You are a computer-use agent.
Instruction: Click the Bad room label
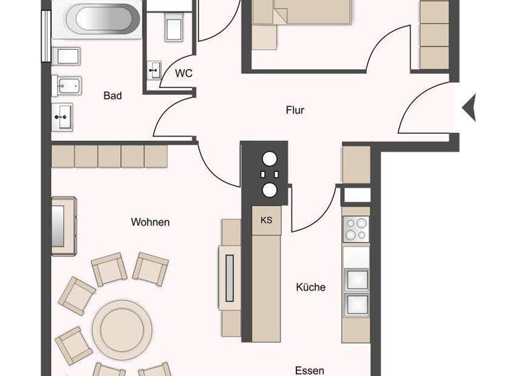point(113,96)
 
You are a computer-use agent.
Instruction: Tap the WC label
point(183,74)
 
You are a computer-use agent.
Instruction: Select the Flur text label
point(294,110)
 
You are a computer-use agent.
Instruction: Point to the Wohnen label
point(150,222)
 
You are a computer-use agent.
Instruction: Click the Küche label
point(310,287)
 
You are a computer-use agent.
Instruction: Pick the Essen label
point(310,370)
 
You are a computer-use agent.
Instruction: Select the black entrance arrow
point(470,106)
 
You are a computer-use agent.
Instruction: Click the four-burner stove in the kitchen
point(356,230)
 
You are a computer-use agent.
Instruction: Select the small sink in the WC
point(154,69)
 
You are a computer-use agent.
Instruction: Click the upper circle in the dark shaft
point(270,160)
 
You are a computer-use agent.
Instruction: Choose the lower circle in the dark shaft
point(270,190)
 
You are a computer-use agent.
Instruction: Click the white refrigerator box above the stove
point(356,195)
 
